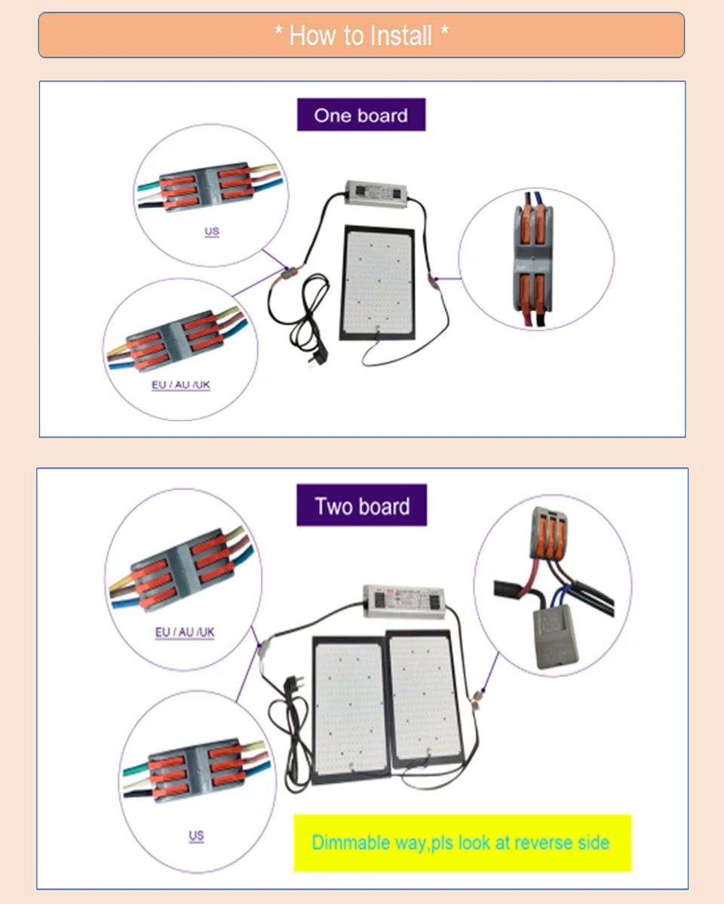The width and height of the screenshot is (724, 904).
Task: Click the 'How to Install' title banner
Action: pyautogui.click(x=361, y=35)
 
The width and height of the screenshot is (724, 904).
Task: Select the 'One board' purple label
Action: pyautogui.click(x=361, y=115)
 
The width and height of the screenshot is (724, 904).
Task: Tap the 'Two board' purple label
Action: pyautogui.click(x=362, y=505)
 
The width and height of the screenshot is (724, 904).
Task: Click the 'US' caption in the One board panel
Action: pyautogui.click(x=212, y=231)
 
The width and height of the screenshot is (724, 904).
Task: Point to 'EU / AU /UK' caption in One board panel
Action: pyautogui.click(x=181, y=385)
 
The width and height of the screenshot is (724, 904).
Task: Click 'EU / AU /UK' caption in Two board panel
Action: pyautogui.click(x=185, y=632)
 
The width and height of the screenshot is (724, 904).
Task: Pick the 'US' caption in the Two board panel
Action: pyautogui.click(x=196, y=836)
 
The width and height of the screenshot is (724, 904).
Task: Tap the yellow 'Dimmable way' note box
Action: pyautogui.click(x=462, y=842)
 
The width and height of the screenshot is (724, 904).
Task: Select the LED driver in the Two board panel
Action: pyautogui.click(x=400, y=600)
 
